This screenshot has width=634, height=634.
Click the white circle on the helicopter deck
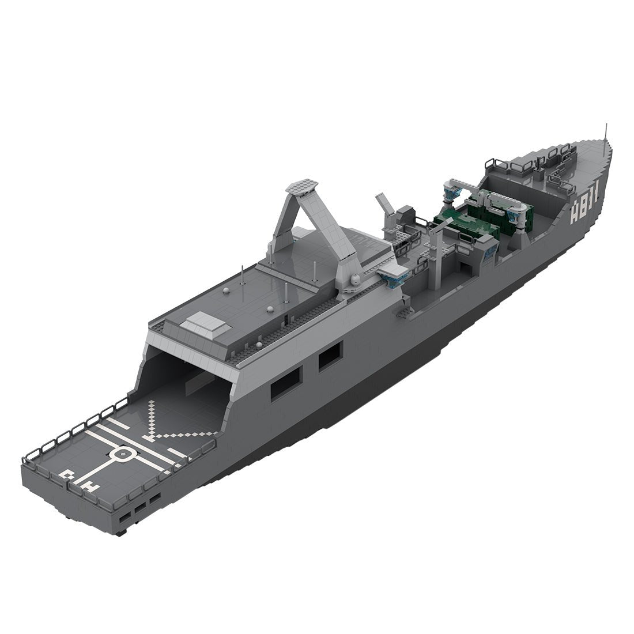120,455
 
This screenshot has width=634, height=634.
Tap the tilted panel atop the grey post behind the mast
382,204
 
